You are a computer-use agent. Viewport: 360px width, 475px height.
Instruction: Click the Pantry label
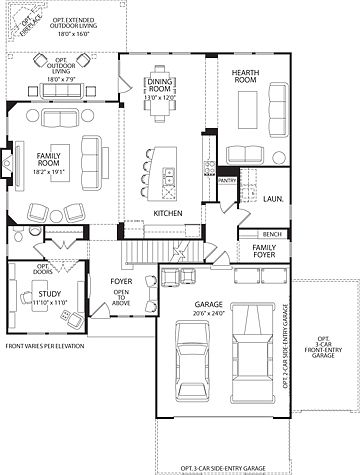(x=227, y=181)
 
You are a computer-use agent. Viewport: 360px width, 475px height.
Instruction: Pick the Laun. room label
(x=271, y=199)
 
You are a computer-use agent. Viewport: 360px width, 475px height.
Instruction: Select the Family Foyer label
(x=264, y=252)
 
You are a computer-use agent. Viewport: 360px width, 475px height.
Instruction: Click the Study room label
(x=36, y=295)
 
